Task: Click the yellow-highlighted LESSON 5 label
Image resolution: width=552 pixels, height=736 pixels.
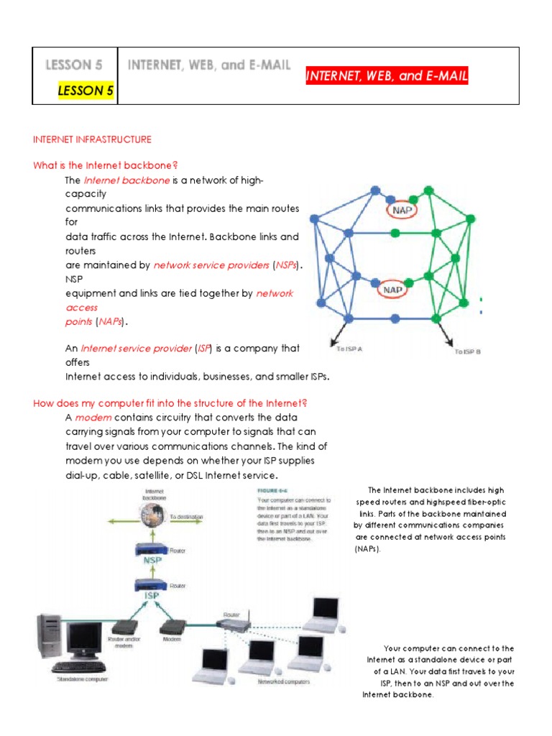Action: [x=85, y=91]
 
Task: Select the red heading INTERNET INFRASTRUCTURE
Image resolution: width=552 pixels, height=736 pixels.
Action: [x=92, y=139]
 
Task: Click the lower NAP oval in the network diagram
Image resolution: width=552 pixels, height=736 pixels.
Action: [x=392, y=290]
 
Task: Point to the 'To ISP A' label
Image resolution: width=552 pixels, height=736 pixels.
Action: [x=349, y=349]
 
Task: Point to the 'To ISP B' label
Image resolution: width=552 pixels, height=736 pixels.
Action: [x=467, y=351]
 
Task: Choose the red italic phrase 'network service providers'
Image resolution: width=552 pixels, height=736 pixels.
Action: [x=211, y=265]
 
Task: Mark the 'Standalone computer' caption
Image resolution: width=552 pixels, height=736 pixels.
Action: [x=78, y=677]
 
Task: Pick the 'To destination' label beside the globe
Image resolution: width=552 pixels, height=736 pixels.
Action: [x=186, y=516]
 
